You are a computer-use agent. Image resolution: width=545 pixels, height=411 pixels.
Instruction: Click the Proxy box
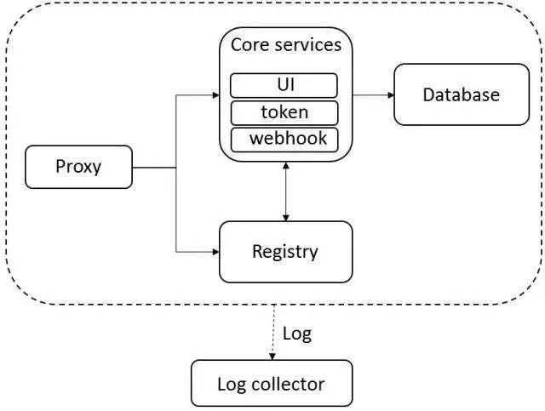click(x=79, y=167)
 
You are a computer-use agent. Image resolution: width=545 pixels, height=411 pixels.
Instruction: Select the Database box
click(x=461, y=94)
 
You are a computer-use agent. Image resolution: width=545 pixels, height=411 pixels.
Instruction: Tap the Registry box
click(x=285, y=252)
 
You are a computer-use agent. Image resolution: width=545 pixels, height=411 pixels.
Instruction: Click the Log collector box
click(x=271, y=383)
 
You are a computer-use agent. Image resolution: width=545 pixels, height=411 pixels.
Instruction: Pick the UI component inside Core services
click(x=284, y=86)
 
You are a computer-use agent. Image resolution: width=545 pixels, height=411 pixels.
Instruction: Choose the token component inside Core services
click(x=284, y=112)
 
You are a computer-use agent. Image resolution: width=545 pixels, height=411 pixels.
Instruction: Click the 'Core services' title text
click(x=284, y=45)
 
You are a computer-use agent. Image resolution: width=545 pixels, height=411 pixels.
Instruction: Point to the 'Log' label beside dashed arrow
click(x=296, y=333)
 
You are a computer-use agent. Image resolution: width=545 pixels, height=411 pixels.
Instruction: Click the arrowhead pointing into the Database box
click(x=388, y=94)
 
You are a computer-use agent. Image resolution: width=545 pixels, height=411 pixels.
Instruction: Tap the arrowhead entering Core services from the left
click(x=215, y=94)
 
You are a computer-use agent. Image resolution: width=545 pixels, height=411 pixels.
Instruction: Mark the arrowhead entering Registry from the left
click(x=215, y=252)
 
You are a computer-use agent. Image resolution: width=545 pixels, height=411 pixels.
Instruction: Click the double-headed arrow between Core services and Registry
click(x=286, y=191)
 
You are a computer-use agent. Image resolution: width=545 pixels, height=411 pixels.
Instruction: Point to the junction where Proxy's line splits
click(x=176, y=168)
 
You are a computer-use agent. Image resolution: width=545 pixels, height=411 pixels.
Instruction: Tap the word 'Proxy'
click(x=78, y=167)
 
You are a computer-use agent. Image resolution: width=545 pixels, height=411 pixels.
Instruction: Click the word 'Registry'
click(x=285, y=252)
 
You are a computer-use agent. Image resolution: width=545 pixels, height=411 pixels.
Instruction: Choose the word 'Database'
click(x=461, y=94)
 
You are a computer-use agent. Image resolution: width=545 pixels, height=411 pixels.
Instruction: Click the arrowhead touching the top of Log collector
click(x=272, y=355)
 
